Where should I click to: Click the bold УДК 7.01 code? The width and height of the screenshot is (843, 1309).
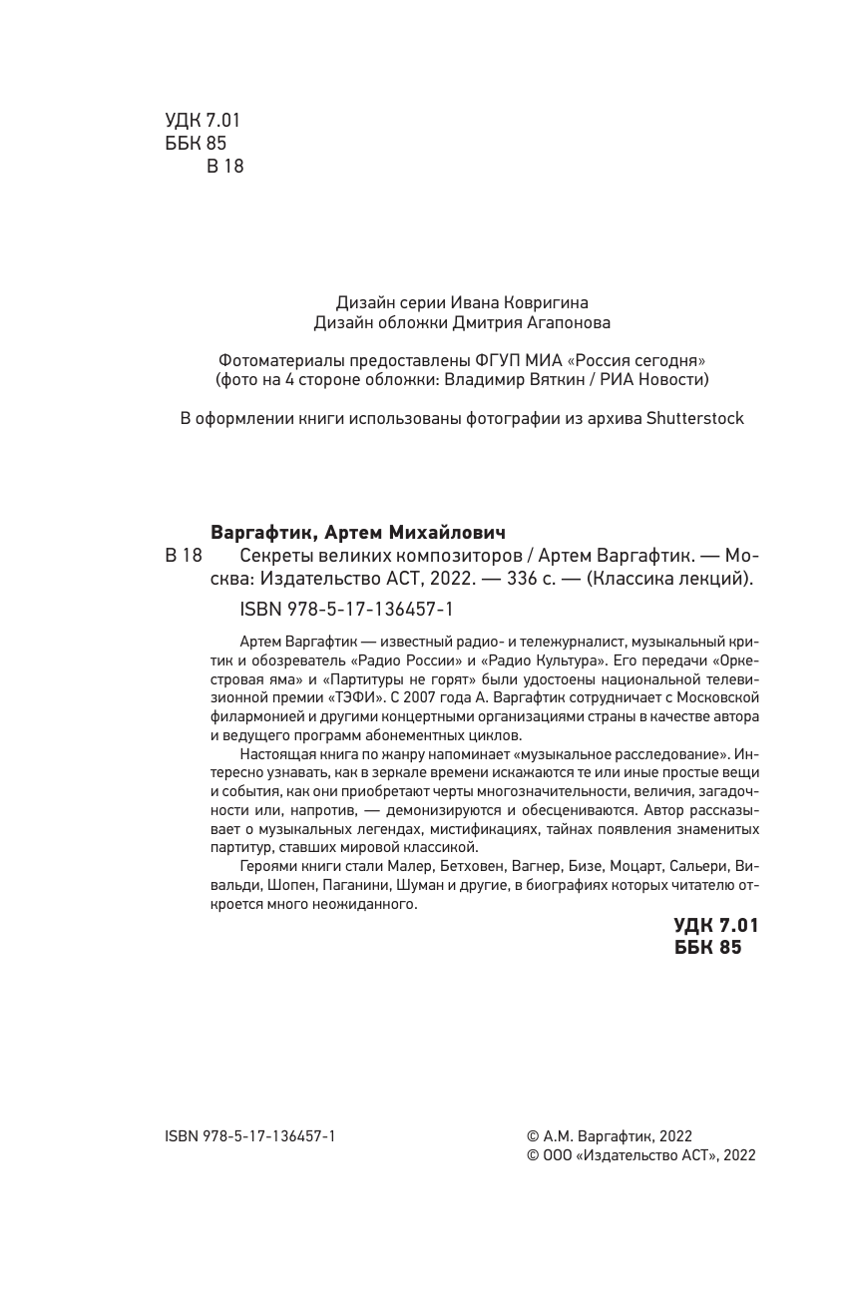pos(715,925)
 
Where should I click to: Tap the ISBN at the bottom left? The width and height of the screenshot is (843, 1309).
pos(249,1136)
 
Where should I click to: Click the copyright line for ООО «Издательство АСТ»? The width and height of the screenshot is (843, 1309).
pos(640,1155)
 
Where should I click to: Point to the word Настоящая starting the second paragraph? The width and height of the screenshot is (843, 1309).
pos(278,753)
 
